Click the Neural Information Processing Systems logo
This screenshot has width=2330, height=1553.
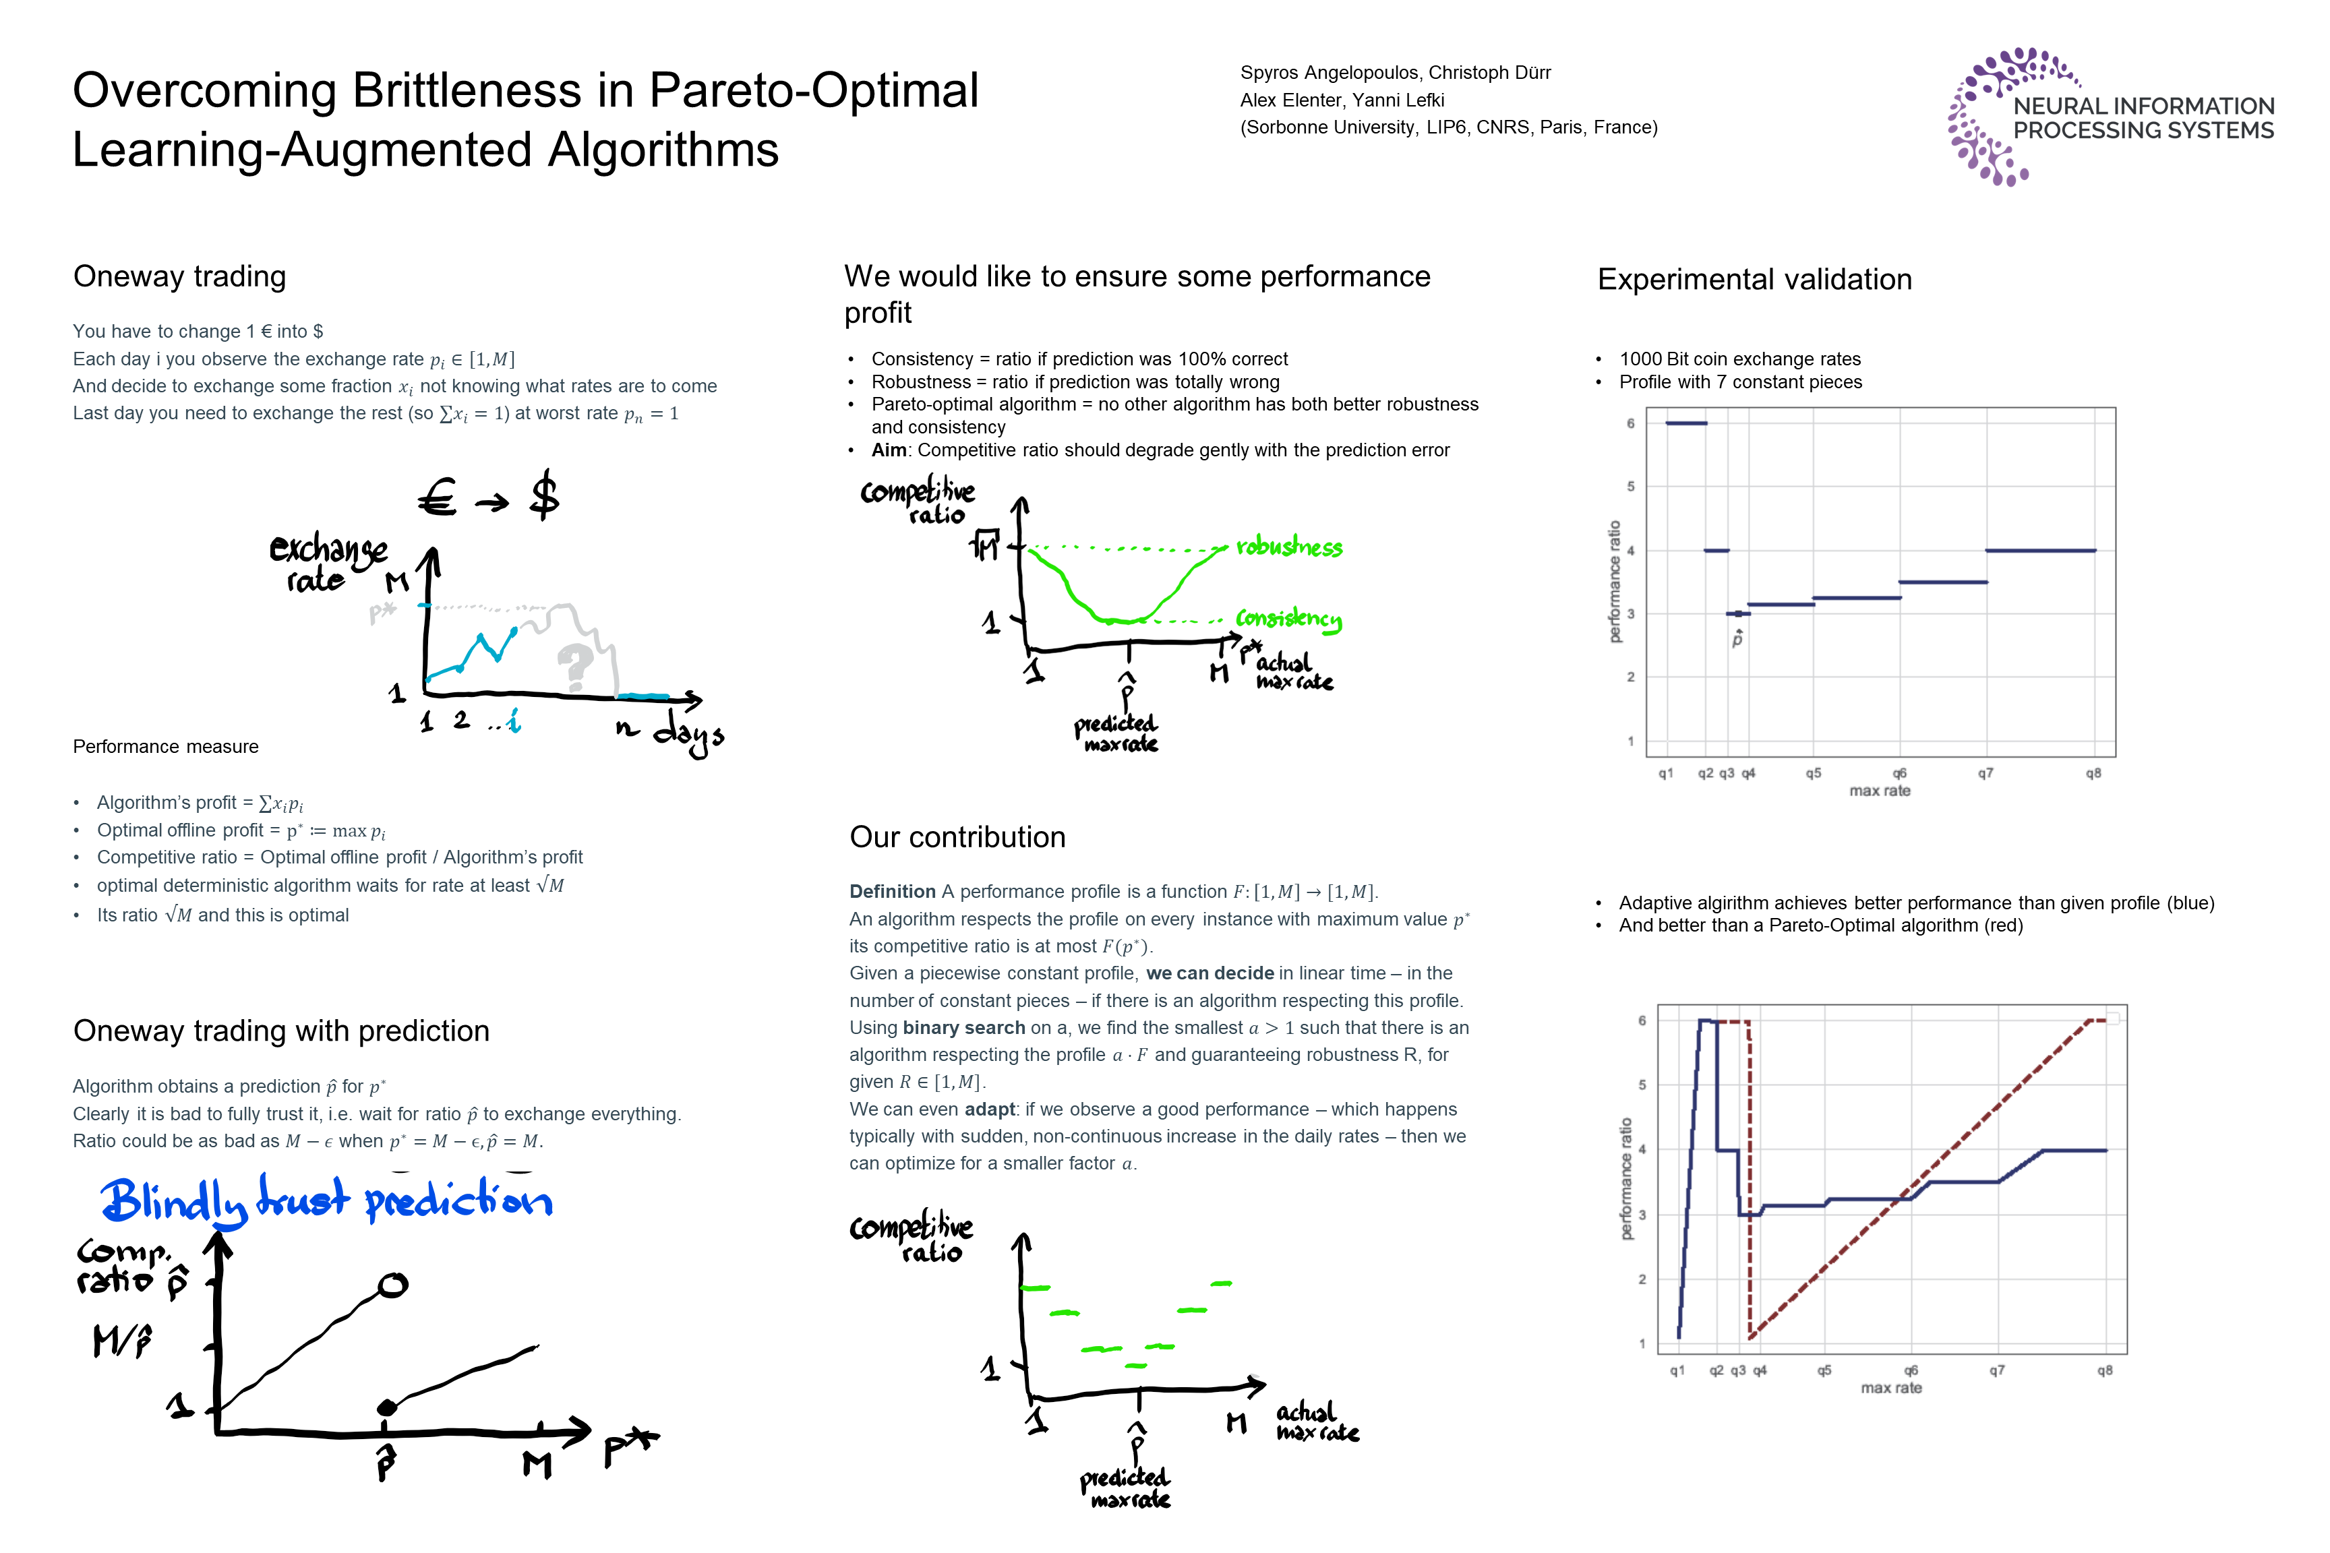[2110, 117]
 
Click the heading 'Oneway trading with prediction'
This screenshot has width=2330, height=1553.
[281, 1031]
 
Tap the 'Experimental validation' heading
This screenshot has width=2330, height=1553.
[1754, 279]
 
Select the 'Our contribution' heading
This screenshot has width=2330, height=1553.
[957, 837]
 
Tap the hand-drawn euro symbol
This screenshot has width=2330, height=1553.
[437, 497]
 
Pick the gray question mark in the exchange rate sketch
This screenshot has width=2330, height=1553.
[574, 665]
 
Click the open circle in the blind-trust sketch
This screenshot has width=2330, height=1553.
[392, 1285]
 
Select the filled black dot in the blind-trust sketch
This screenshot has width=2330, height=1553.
[388, 1407]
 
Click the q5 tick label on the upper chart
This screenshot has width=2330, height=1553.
[1813, 774]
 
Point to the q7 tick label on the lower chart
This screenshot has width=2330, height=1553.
[1997, 1371]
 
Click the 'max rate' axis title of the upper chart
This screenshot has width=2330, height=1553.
[1879, 791]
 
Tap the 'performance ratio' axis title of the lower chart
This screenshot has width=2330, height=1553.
[1625, 1179]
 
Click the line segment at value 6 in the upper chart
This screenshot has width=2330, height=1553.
[1686, 423]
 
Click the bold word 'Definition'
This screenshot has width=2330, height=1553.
[891, 891]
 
